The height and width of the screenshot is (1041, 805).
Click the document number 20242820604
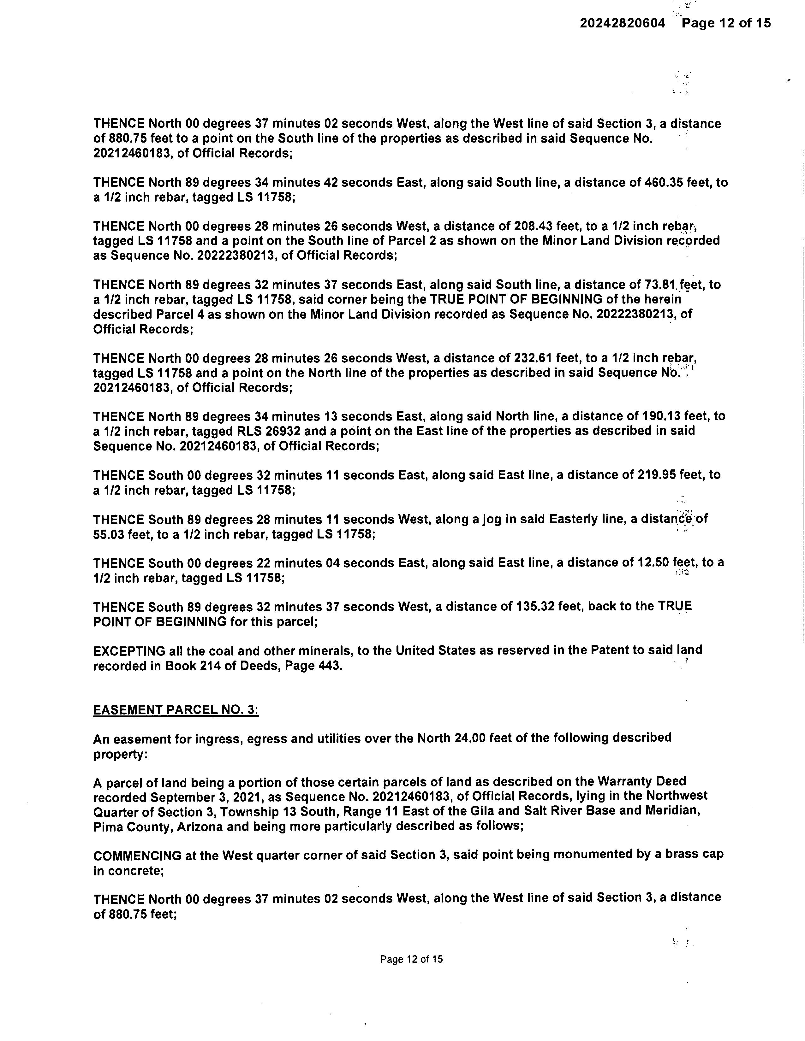coord(622,23)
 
